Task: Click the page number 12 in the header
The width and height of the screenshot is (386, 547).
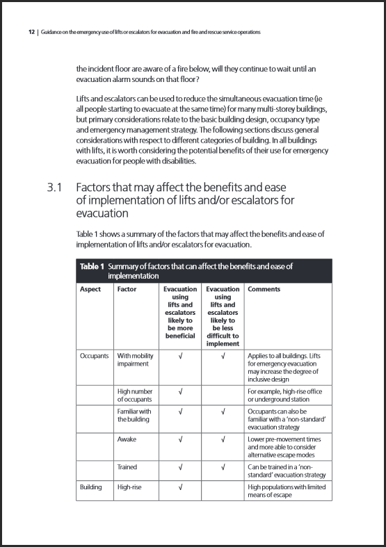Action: (31, 33)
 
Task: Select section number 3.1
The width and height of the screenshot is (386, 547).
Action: (56, 188)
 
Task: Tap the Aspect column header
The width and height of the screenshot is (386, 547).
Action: (90, 289)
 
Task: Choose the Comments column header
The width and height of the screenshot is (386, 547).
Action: (264, 289)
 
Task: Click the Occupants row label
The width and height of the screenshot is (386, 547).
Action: (95, 355)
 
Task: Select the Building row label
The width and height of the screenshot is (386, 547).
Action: (92, 487)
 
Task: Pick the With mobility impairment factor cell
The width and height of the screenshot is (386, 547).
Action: (135, 359)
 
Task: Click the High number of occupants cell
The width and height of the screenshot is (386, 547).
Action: (132, 395)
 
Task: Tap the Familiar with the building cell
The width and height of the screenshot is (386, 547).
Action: (134, 415)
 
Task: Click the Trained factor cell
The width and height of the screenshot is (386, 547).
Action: (127, 467)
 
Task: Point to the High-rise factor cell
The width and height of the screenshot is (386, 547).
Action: (129, 487)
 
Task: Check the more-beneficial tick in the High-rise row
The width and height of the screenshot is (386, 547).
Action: (180, 487)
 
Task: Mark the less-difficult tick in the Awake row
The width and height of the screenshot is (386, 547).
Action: (223, 439)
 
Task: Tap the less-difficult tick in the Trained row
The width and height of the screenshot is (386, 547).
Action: (223, 467)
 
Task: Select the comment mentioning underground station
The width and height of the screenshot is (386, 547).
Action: (286, 395)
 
